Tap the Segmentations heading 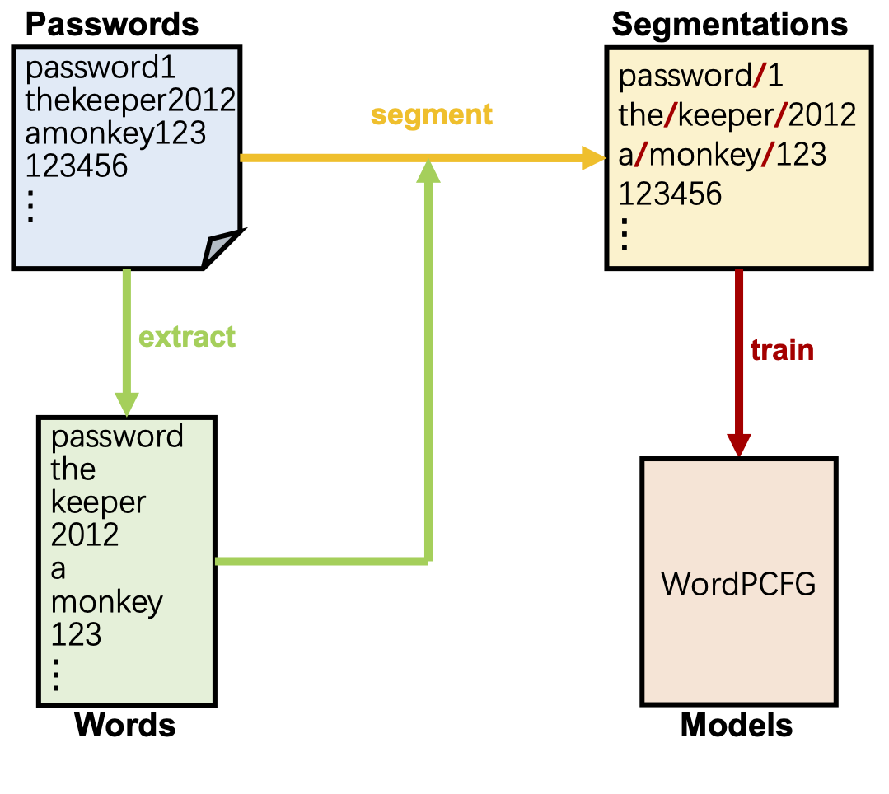[729, 24]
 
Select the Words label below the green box [125, 726]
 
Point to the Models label [737, 726]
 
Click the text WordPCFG [738, 584]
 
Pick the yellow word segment [432, 114]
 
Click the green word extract [187, 337]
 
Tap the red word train [782, 350]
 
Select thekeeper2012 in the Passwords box [131, 100]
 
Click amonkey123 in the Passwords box [115, 133]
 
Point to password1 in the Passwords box [101, 67]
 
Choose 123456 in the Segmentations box [670, 194]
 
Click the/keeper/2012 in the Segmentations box [737, 115]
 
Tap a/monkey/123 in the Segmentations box [722, 155]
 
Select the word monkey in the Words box [107, 602]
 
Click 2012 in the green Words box [85, 535]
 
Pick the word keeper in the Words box [99, 502]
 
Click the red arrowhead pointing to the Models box [738, 443]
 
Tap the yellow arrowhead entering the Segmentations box [593, 157]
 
